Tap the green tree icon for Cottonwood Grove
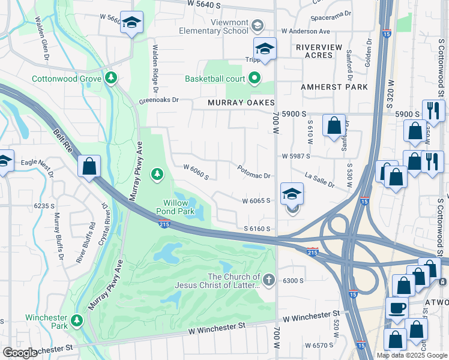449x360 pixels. point(110,77)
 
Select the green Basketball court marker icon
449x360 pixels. point(255,78)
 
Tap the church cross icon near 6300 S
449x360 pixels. point(269,280)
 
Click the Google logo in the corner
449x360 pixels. point(20,353)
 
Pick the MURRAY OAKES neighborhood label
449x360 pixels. point(241,103)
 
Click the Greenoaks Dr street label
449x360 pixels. point(159,101)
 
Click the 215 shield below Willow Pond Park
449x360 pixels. point(165,224)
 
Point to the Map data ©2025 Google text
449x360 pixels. point(411,355)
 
